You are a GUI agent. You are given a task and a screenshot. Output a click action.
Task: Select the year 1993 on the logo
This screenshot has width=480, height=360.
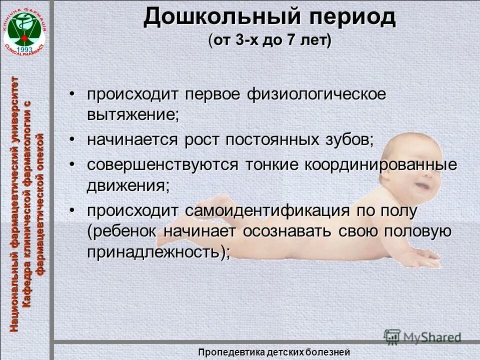tap(24, 49)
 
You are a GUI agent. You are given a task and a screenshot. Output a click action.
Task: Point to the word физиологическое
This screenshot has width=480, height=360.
tap(316, 94)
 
